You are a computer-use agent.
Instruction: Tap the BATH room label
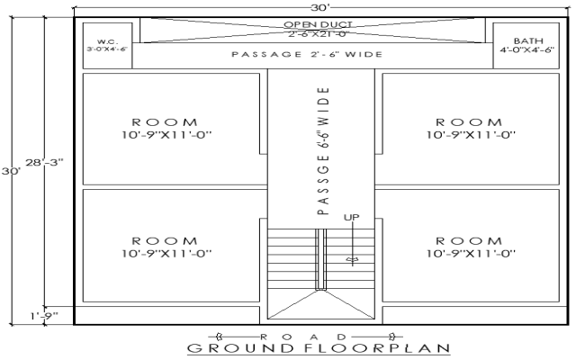point(522,40)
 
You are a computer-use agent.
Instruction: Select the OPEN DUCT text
point(318,24)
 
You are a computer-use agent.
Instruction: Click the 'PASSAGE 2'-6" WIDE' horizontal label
point(308,54)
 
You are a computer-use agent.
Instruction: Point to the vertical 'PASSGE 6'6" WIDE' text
point(323,149)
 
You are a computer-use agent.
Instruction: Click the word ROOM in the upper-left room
point(164,121)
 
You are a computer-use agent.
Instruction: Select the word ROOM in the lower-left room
point(164,241)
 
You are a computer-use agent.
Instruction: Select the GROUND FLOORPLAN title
point(318,347)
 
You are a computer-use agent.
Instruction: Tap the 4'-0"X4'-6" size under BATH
point(527,50)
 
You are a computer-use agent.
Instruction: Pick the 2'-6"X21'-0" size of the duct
point(318,33)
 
